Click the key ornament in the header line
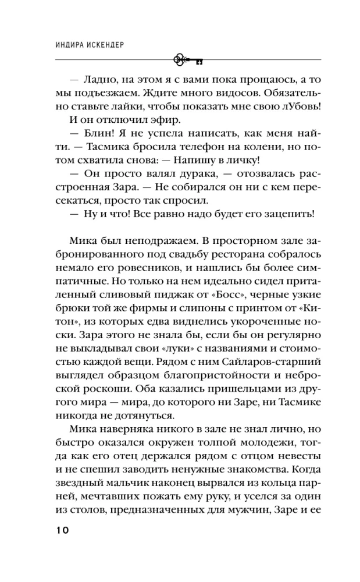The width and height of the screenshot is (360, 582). click(187, 59)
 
